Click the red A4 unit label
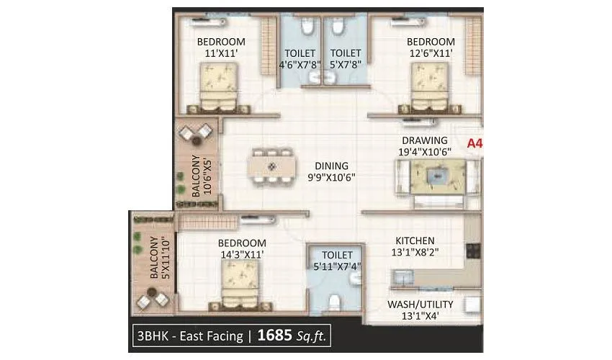click(x=474, y=143)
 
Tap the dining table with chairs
click(x=272, y=167)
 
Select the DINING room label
click(x=331, y=165)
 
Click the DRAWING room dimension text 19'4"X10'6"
click(x=426, y=151)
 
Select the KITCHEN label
click(x=414, y=240)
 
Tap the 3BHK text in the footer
click(x=150, y=336)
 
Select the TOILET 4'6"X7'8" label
click(x=300, y=58)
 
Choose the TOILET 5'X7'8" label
click(x=346, y=58)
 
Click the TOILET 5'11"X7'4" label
click(x=337, y=261)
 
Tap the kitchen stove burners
click(x=474, y=251)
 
